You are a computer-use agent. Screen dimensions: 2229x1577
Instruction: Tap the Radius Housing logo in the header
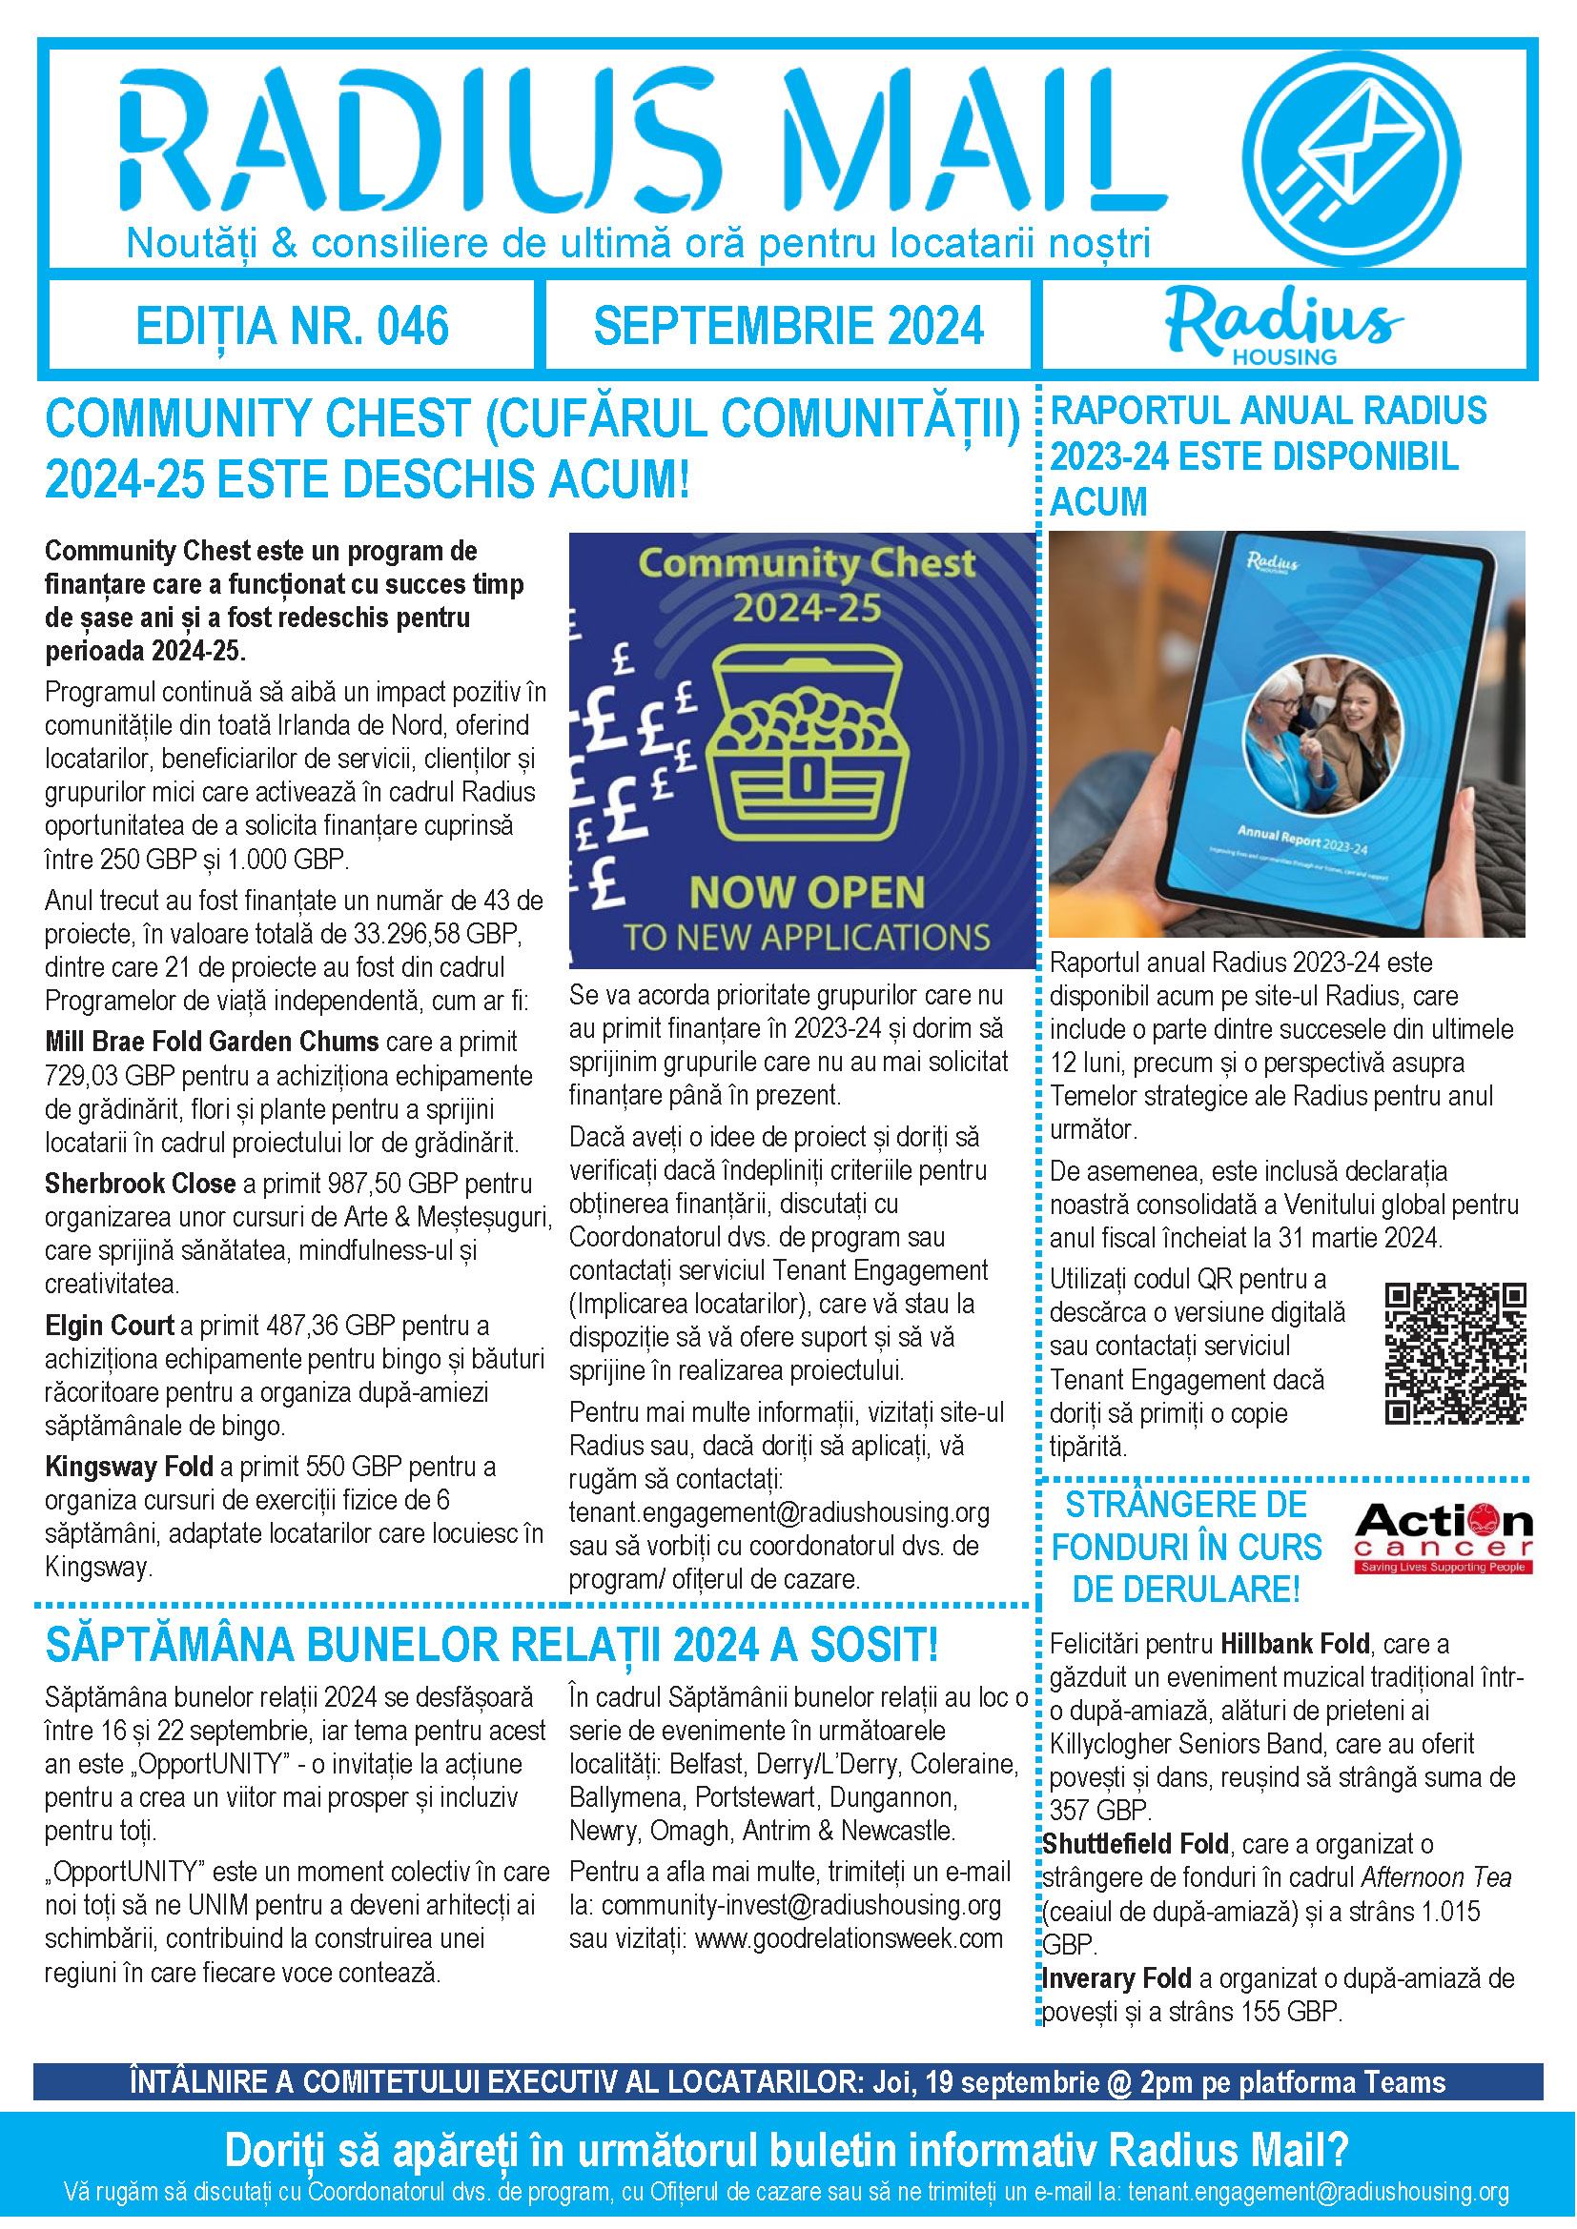coord(1282,325)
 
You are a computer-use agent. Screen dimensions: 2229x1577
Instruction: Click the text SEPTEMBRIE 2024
coord(788,326)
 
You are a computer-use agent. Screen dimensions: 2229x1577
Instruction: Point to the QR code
coord(1455,1353)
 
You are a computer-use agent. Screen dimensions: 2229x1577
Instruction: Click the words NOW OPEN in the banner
coord(806,892)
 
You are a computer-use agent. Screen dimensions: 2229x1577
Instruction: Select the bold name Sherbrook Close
coord(140,1184)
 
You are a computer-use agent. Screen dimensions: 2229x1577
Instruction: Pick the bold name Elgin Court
coord(109,1326)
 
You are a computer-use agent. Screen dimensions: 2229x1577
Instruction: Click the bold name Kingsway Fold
coord(128,1466)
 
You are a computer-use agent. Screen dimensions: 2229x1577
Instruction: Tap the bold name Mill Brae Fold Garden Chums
coord(212,1042)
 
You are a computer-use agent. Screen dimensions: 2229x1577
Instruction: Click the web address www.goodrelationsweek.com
coord(849,1938)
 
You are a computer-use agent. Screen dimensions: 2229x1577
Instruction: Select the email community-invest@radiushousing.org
coord(800,1905)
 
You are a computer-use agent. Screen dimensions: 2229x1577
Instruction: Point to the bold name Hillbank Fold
coord(1295,1644)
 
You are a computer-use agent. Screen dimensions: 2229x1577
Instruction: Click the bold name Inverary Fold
coord(1116,1978)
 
